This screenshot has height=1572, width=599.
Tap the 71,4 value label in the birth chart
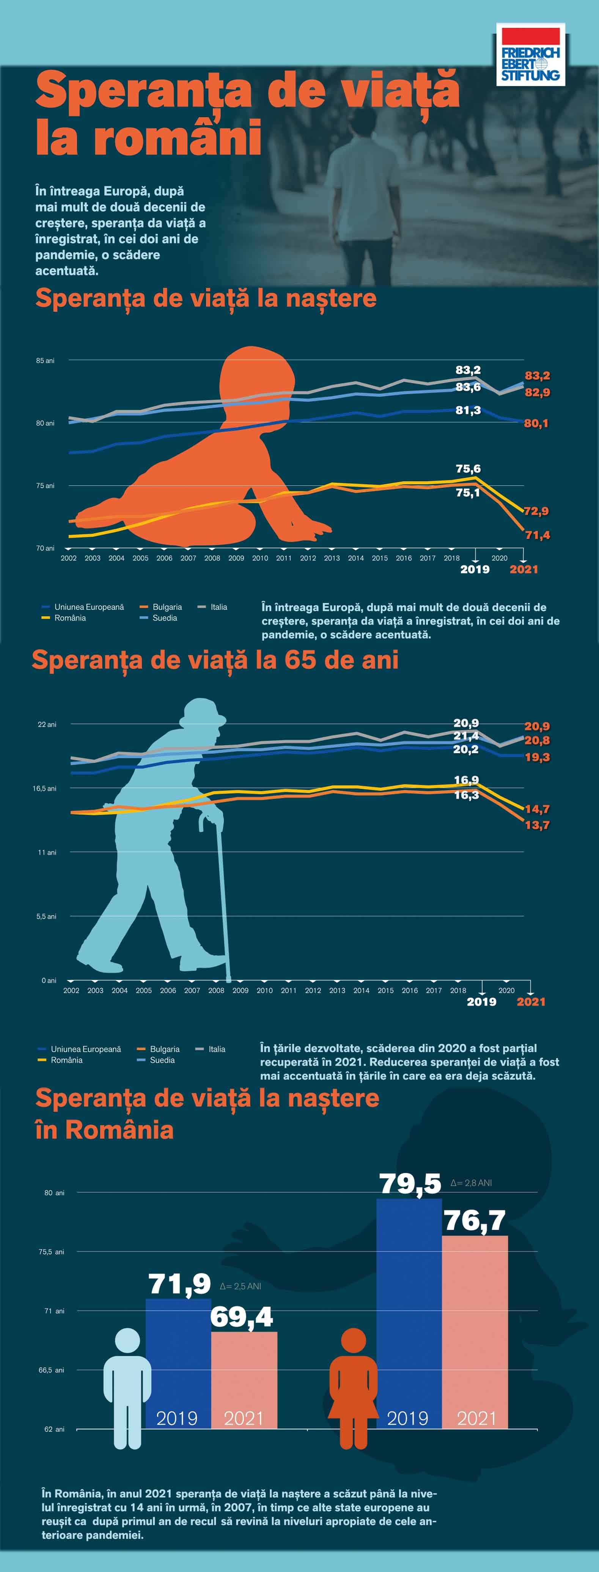[537, 535]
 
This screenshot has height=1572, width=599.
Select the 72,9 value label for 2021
[536, 511]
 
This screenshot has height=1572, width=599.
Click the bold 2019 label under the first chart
[475, 569]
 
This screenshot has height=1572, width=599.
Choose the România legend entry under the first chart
[69, 618]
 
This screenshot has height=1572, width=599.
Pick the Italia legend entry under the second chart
[217, 1049]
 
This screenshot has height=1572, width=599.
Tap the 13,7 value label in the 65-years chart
[537, 825]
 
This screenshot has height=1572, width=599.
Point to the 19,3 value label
[537, 757]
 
